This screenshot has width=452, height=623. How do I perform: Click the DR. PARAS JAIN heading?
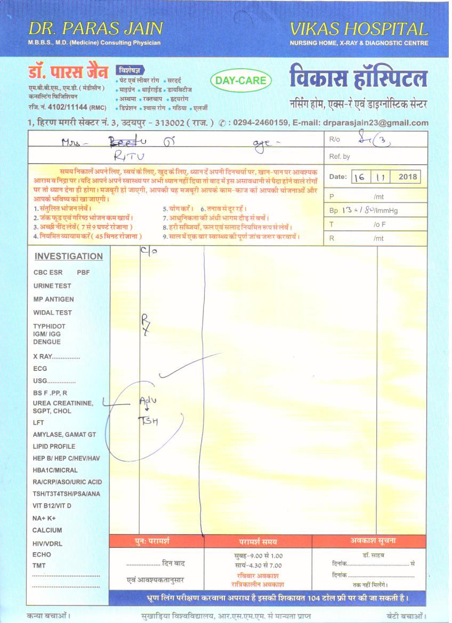[x=95, y=28]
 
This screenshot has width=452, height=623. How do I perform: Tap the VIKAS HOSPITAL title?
[x=359, y=28]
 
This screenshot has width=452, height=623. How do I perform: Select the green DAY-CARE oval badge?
[x=241, y=81]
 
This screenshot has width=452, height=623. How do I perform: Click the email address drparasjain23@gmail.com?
[x=375, y=123]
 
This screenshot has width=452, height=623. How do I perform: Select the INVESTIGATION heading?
[x=69, y=256]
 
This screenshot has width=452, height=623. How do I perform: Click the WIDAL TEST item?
[x=52, y=313]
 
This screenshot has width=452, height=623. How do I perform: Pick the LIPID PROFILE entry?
[x=54, y=447]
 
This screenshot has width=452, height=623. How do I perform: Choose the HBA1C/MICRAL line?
[x=55, y=471]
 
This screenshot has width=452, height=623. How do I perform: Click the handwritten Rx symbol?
[x=146, y=323]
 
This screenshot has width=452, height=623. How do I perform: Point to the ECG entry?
[x=40, y=369]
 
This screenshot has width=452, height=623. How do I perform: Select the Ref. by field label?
[x=340, y=157]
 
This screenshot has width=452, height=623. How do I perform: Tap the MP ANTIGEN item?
[x=53, y=300]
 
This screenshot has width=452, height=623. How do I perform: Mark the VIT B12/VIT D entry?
[x=52, y=506]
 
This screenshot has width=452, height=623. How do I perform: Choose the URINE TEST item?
[x=52, y=286]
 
